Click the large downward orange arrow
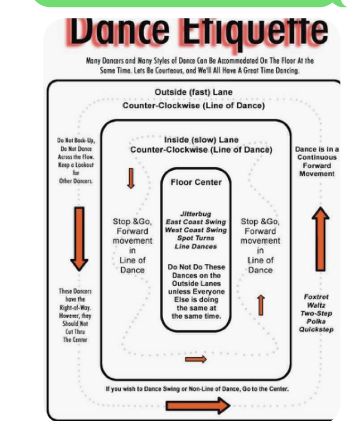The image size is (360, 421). tap(79, 237)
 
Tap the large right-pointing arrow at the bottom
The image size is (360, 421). tap(198, 405)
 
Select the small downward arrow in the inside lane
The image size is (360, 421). tap(131, 178)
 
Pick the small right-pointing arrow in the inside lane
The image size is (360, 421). tap(196, 359)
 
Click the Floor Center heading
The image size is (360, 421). tap(196, 182)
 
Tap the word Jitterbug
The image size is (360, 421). tap(196, 214)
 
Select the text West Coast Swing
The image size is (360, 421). tap(196, 230)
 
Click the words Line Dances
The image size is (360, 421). tap(196, 246)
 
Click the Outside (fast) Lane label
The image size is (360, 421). tap(193, 92)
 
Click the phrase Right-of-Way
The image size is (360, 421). tap(75, 308)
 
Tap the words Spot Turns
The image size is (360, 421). tap(196, 238)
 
